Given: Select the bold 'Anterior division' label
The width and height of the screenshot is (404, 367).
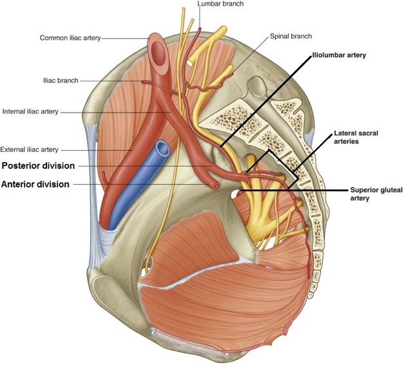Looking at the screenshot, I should [35, 184].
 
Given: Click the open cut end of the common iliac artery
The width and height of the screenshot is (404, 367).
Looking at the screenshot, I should [157, 43].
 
